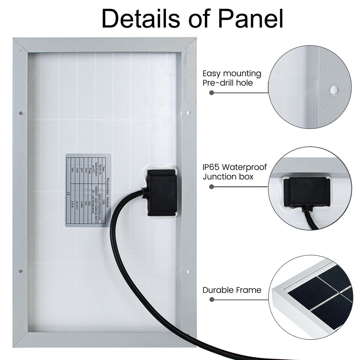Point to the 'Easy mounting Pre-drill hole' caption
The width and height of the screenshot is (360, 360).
pos(232,78)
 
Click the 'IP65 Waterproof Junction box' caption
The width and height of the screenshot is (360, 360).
pos(235,172)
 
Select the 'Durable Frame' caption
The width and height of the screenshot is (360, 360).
pos(232,290)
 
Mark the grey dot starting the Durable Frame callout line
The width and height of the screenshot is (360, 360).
pos(212,299)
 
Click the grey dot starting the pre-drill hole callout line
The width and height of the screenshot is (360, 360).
pos(212,93)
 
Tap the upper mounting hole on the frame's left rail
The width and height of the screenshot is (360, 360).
pos(21,113)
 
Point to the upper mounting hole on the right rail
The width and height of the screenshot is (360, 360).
pos(188,113)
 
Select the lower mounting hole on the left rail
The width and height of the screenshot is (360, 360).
pos(21,271)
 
